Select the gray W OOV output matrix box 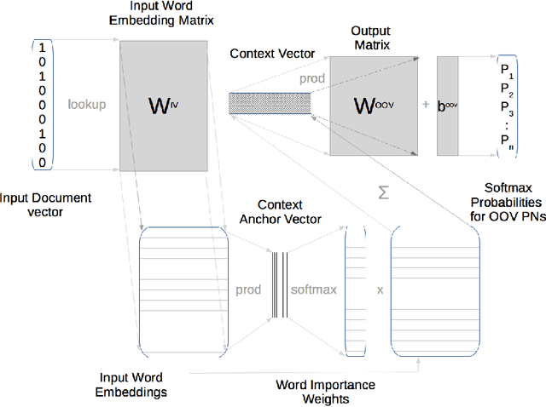(376, 106)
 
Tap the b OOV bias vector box (448, 106)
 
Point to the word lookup (86, 105)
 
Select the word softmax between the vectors (313, 289)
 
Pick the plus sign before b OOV (425, 105)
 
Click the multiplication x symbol (379, 289)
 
